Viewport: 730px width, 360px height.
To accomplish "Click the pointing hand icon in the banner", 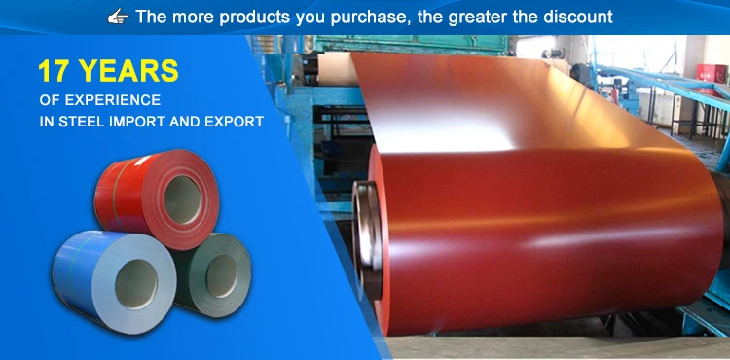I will (x=118, y=17).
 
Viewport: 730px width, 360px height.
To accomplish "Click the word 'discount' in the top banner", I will (x=577, y=17).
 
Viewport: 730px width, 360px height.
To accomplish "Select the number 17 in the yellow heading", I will (x=56, y=71).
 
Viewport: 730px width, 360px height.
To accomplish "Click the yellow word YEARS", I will (x=129, y=71).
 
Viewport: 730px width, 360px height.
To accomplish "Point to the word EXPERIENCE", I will (x=112, y=101).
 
